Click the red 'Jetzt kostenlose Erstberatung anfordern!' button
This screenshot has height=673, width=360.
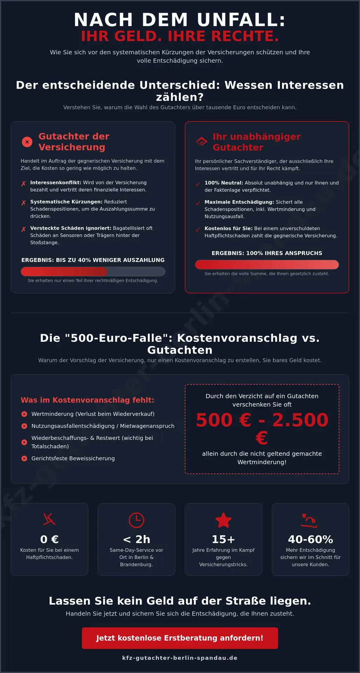pyautogui.click(x=180, y=638)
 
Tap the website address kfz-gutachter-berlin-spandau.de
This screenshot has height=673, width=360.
pyautogui.click(x=180, y=658)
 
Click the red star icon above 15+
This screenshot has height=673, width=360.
pyautogui.click(x=223, y=520)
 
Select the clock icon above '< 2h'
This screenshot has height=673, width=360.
pyautogui.click(x=136, y=520)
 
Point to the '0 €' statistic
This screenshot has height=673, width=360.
pyautogui.click(x=49, y=539)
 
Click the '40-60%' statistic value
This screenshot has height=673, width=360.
pyautogui.click(x=310, y=539)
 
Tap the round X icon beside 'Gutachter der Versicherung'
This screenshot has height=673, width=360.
pyautogui.click(x=27, y=142)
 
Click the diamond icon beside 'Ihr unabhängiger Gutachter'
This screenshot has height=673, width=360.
pyautogui.click(x=201, y=142)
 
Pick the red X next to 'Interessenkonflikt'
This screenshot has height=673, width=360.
pyautogui.click(x=23, y=184)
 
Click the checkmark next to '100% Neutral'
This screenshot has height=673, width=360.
pyautogui.click(x=198, y=184)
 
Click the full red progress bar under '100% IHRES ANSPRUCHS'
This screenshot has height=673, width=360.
pyautogui.click(x=267, y=265)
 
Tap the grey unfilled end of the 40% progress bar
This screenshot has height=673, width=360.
pyautogui.click(x=137, y=271)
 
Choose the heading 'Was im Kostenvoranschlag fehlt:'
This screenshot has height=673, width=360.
pyautogui.click(x=88, y=400)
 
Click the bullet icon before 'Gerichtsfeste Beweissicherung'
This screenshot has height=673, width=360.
pyautogui.click(x=24, y=458)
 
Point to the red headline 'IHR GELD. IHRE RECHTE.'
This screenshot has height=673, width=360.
pyautogui.click(x=180, y=36)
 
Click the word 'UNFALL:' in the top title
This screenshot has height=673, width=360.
pyautogui.click(x=241, y=20)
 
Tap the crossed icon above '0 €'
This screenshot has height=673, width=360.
pyautogui.click(x=49, y=519)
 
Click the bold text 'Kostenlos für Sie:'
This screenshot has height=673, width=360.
pyautogui.click(x=229, y=229)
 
